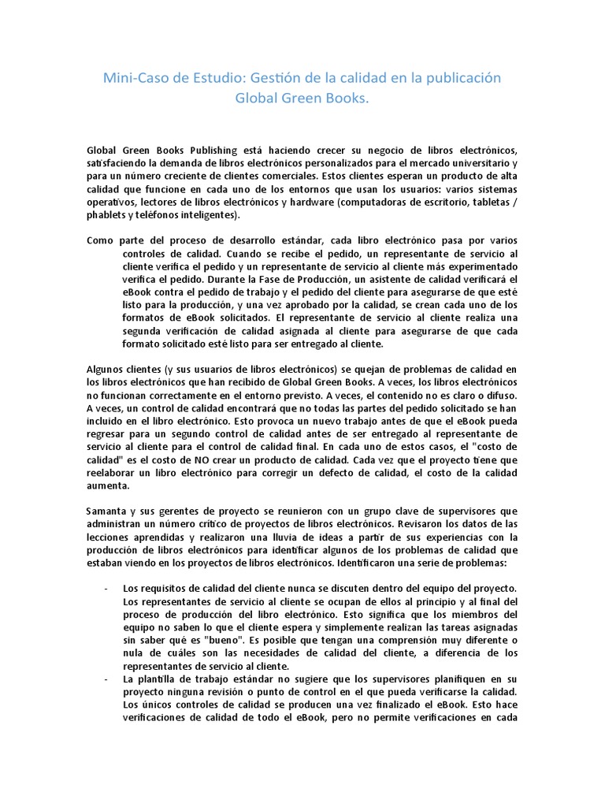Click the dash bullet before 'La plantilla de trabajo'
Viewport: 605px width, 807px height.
point(106,679)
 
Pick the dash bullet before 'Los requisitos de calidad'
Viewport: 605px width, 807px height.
point(106,589)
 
